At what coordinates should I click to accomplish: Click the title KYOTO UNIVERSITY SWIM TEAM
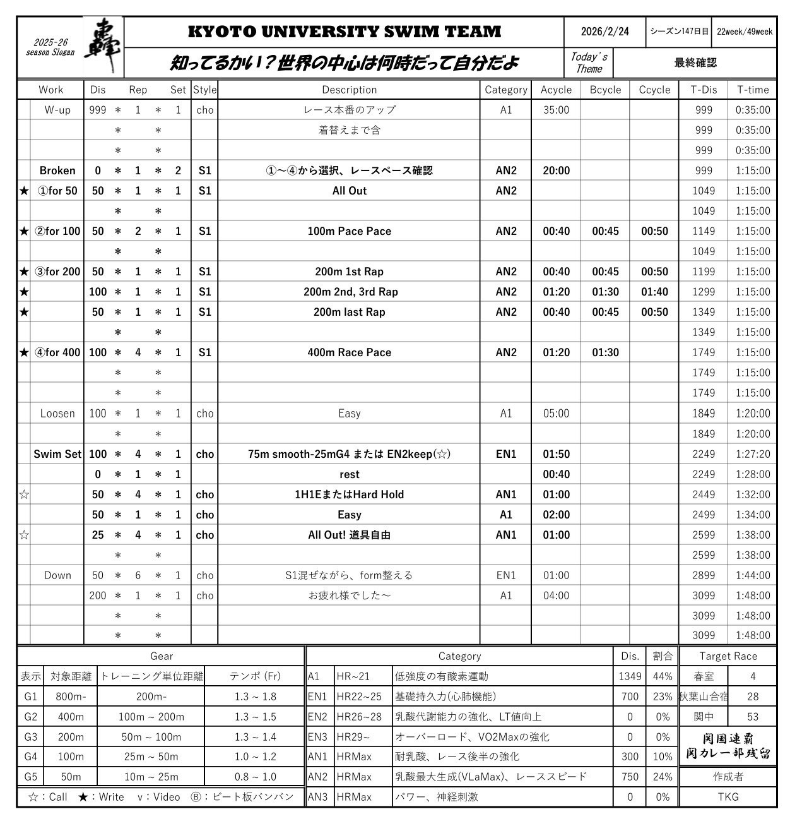tap(344, 32)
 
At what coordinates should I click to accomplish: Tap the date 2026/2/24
tap(604, 32)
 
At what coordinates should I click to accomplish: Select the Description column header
tap(349, 90)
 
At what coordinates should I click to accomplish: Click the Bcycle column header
tap(605, 90)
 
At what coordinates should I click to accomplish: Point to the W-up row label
tap(57, 110)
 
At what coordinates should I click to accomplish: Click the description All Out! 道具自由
tap(349, 535)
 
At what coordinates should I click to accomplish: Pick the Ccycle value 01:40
tap(654, 292)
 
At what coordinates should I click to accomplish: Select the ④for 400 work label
tap(57, 352)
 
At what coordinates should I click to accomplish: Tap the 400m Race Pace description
tap(349, 352)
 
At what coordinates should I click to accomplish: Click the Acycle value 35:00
tap(556, 110)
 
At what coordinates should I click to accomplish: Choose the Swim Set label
tap(57, 454)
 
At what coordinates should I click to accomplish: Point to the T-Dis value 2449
tap(704, 494)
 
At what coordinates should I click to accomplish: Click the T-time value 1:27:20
tap(753, 454)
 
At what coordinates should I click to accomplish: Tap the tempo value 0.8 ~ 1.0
tap(255, 777)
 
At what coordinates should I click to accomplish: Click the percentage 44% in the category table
tap(663, 676)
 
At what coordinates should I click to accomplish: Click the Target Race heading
tap(728, 656)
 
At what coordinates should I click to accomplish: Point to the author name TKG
tap(728, 797)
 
